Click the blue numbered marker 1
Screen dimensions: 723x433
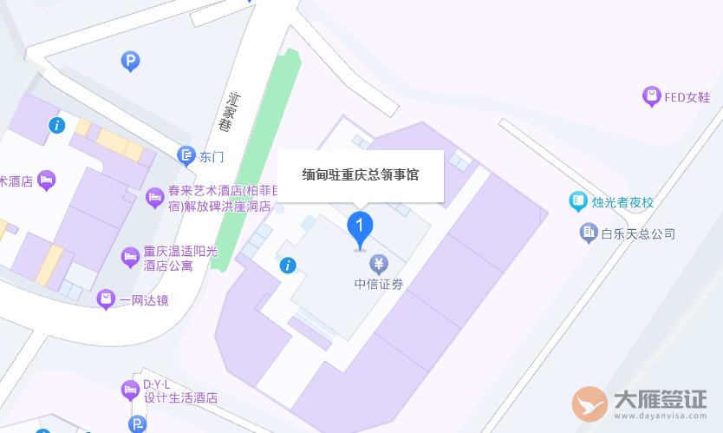360,227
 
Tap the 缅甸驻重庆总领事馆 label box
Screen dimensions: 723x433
360,175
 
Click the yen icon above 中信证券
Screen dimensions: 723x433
378,264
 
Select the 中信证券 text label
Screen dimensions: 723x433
379,284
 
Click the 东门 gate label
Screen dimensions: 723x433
212,157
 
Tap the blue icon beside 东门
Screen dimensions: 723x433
186,155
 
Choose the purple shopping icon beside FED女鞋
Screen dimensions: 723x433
651,96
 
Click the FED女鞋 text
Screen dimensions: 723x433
687,97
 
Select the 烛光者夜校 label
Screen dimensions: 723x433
622,202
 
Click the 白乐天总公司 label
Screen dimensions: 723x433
638,233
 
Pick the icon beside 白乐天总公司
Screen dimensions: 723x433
589,233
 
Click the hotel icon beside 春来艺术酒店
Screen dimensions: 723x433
155,198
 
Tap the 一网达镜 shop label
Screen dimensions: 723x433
144,301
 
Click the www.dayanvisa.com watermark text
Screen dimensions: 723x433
661,417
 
